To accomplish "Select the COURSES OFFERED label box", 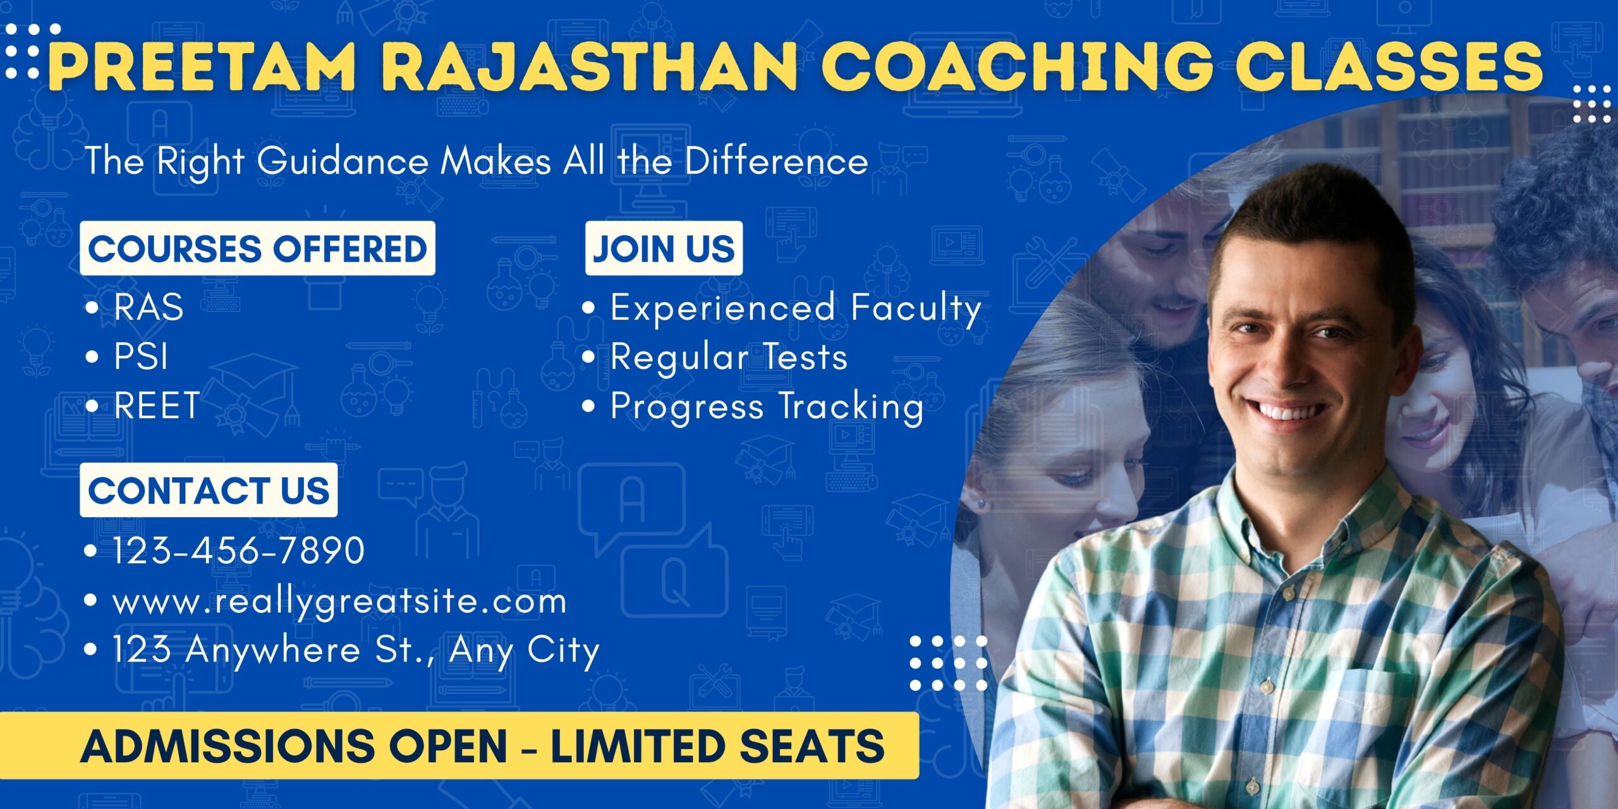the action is pyautogui.click(x=257, y=248).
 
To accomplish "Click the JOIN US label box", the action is pyautogui.click(x=664, y=248).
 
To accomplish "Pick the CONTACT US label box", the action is pyautogui.click(x=209, y=490).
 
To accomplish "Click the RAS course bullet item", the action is pyautogui.click(x=149, y=307).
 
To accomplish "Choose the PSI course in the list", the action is pyautogui.click(x=141, y=356).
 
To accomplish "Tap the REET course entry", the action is pyautogui.click(x=157, y=405).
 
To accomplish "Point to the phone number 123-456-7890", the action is pyautogui.click(x=239, y=550).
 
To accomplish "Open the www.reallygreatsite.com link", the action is pyautogui.click(x=339, y=601).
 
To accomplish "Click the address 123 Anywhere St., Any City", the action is pyautogui.click(x=356, y=650).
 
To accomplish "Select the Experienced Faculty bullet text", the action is pyautogui.click(x=796, y=308).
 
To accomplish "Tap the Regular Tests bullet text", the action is pyautogui.click(x=729, y=357).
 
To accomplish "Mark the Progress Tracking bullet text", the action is pyautogui.click(x=767, y=406).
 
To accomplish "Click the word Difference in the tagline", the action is pyautogui.click(x=776, y=161).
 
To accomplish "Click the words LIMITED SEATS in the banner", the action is pyautogui.click(x=717, y=746).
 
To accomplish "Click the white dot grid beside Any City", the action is pyautogui.click(x=948, y=663).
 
